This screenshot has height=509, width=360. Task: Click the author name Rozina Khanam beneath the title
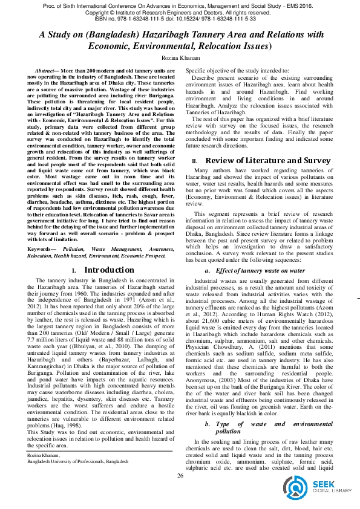point(180,57)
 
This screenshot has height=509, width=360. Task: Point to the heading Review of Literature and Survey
point(269,161)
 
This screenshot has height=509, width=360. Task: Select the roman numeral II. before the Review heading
point(195,161)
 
